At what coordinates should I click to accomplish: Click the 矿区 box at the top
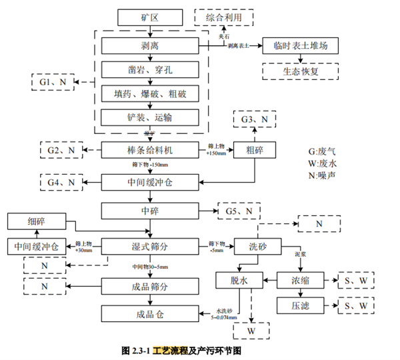click(150, 17)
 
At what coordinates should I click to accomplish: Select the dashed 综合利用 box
click(223, 17)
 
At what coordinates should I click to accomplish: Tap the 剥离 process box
click(150, 46)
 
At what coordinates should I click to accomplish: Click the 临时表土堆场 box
click(301, 46)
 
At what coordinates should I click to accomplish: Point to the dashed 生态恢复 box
click(301, 70)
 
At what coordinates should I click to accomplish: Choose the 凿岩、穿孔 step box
click(150, 70)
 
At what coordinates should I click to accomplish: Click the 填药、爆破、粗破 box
click(150, 94)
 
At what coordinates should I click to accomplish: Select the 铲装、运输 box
click(150, 118)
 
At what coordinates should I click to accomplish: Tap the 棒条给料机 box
click(150, 149)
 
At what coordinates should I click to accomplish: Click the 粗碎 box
click(255, 149)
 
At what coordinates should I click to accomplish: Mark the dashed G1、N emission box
click(57, 83)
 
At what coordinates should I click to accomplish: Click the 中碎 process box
click(150, 211)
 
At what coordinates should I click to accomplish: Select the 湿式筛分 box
click(150, 247)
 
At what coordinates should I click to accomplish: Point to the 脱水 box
click(239, 281)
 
